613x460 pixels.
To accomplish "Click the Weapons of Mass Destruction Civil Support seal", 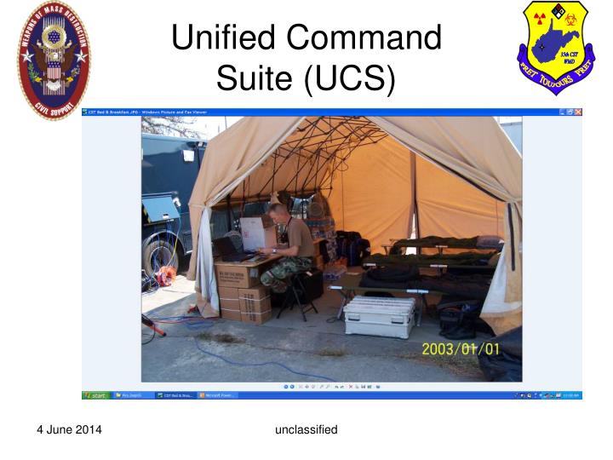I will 53,60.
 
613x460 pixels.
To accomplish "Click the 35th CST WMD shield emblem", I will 558,49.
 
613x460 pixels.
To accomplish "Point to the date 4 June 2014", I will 69,429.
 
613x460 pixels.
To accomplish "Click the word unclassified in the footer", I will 306,429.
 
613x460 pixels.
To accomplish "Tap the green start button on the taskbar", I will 95,395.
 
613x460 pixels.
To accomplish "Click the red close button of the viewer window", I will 578,112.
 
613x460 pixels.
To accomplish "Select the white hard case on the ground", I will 379,315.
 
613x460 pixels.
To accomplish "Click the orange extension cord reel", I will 165,274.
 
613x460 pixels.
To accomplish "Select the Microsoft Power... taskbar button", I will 218,395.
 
